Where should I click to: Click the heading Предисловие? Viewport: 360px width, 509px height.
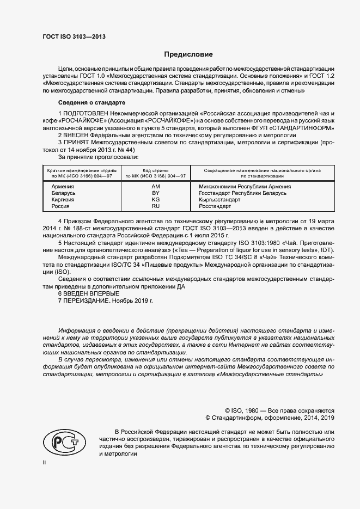pos(188,54)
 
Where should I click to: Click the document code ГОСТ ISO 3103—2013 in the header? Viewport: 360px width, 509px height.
pos(74,36)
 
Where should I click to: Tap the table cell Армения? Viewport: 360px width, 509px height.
pos(63,187)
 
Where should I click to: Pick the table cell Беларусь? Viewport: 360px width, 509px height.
pos(63,193)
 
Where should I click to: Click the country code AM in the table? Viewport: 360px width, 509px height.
pos(155,187)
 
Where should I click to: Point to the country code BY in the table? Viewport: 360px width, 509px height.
pos(155,193)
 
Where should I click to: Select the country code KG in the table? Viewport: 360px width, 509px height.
pos(155,200)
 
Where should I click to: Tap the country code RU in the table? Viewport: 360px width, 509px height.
pos(155,206)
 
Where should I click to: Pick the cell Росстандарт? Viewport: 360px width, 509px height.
pos(215,206)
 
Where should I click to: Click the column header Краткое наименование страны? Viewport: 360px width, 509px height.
pos(79,170)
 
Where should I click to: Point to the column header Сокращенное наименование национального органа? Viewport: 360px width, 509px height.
pos(262,170)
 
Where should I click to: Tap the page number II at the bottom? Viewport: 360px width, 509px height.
pos(45,462)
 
